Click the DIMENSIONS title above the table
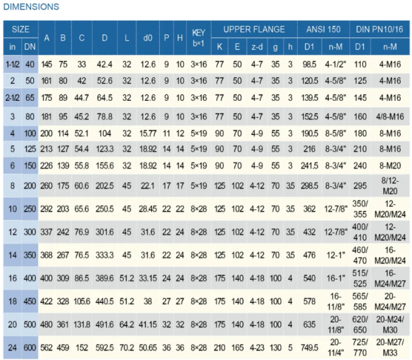coord(32,7)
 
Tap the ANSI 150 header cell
coord(323,29)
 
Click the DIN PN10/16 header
coord(379,29)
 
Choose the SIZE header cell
coord(21,29)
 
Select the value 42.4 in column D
coord(105,64)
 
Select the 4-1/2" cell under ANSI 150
coord(336,64)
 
